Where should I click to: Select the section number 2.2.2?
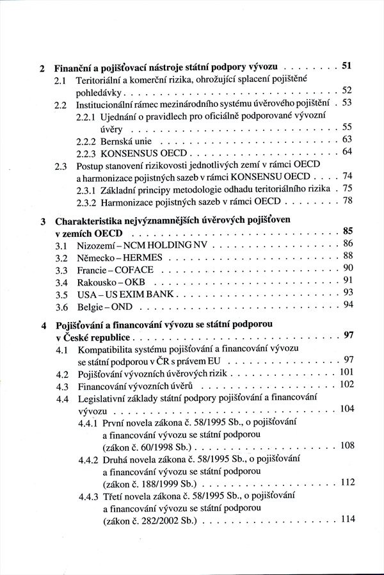(87, 139)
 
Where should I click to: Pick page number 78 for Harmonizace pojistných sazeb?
(348, 200)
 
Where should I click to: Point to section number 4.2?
(62, 373)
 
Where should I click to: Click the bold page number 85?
(348, 231)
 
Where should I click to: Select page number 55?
(348, 127)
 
